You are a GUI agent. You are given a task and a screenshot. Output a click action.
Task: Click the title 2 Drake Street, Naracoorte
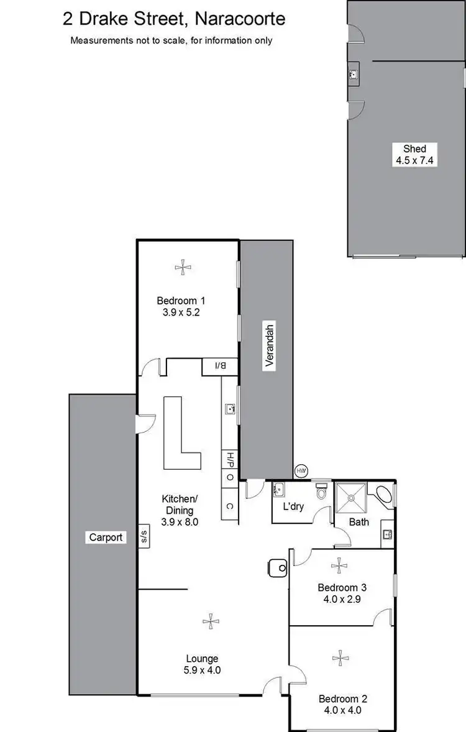[174, 19]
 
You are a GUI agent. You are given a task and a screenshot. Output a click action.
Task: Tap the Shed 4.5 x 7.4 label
[414, 154]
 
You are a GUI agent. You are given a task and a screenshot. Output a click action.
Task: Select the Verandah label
[269, 347]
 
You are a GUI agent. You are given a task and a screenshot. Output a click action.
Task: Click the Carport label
[106, 538]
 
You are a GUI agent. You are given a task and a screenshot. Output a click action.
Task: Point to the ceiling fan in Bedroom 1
[183, 267]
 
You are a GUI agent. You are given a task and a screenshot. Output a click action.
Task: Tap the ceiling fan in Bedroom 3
[339, 565]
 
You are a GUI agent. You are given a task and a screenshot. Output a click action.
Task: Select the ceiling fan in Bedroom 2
[339, 657]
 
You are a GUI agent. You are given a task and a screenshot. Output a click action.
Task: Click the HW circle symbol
[301, 471]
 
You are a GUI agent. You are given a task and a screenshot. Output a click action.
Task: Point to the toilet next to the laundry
[321, 492]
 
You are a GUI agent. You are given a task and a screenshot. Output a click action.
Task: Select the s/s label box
[144, 535]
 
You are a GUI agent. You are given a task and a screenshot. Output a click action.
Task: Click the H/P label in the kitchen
[229, 460]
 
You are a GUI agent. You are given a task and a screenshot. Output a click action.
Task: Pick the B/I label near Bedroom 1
[220, 367]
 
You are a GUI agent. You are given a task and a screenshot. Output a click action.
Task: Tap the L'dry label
[293, 506]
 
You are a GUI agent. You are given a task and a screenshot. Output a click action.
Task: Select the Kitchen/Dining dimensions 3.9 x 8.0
[179, 522]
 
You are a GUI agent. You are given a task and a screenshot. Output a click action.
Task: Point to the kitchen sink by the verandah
[230, 409]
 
